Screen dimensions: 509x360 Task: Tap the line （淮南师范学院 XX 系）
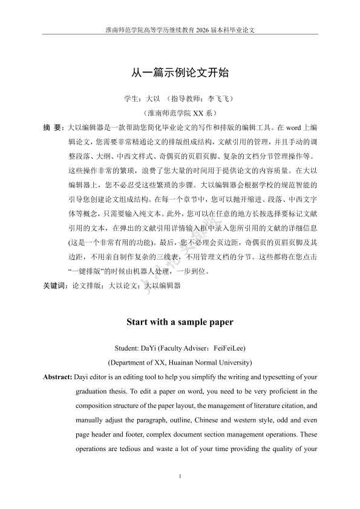[x=180, y=113]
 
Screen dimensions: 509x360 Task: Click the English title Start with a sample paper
[x=180, y=322]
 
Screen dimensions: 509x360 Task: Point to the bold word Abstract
[x=57, y=377]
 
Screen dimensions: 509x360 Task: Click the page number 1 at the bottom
[x=180, y=478]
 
